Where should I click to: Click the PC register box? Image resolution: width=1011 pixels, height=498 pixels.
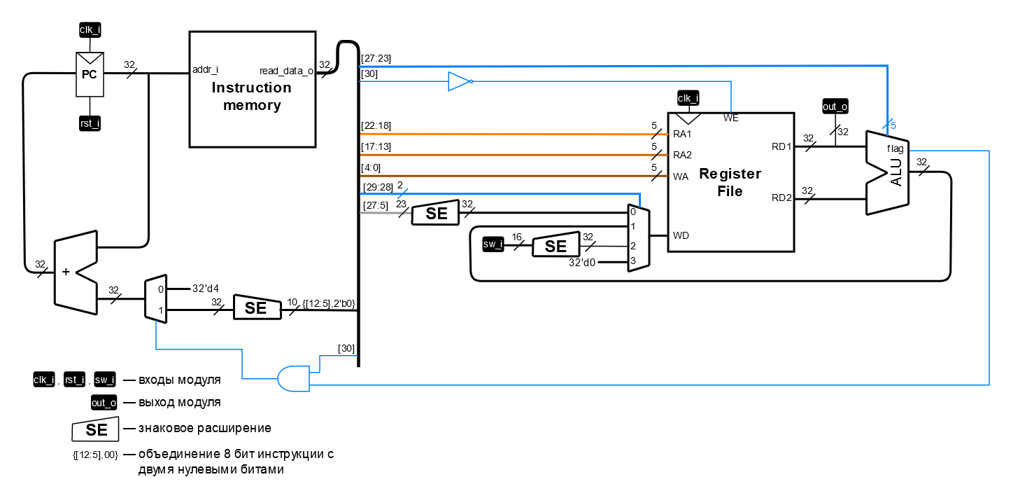pos(90,75)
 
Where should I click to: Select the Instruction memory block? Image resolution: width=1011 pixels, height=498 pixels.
pos(252,89)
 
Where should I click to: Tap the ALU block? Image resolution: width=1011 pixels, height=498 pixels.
pos(889,172)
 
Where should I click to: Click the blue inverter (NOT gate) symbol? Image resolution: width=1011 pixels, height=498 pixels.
pos(460,82)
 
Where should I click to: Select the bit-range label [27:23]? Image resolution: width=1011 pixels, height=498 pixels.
pos(376,58)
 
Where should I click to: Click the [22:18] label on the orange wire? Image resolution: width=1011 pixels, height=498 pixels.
pos(376,125)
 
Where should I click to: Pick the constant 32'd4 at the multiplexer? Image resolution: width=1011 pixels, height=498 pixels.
pos(206,288)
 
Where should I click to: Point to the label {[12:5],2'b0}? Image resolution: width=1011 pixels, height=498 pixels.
pos(328,303)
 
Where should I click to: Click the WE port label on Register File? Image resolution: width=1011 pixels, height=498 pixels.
pos(730,118)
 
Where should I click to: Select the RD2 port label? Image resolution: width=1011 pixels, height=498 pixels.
pos(782,198)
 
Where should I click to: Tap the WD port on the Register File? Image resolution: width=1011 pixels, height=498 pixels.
pos(681,235)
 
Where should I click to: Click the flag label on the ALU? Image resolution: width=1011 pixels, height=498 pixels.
pos(895,148)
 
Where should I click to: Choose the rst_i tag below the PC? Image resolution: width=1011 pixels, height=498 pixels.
pos(90,124)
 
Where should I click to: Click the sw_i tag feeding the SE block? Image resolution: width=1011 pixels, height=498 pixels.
pos(493,244)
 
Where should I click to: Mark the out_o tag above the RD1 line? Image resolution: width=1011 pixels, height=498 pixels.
pos(835,106)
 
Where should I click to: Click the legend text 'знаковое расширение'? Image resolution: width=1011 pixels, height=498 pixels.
pos(204,428)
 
